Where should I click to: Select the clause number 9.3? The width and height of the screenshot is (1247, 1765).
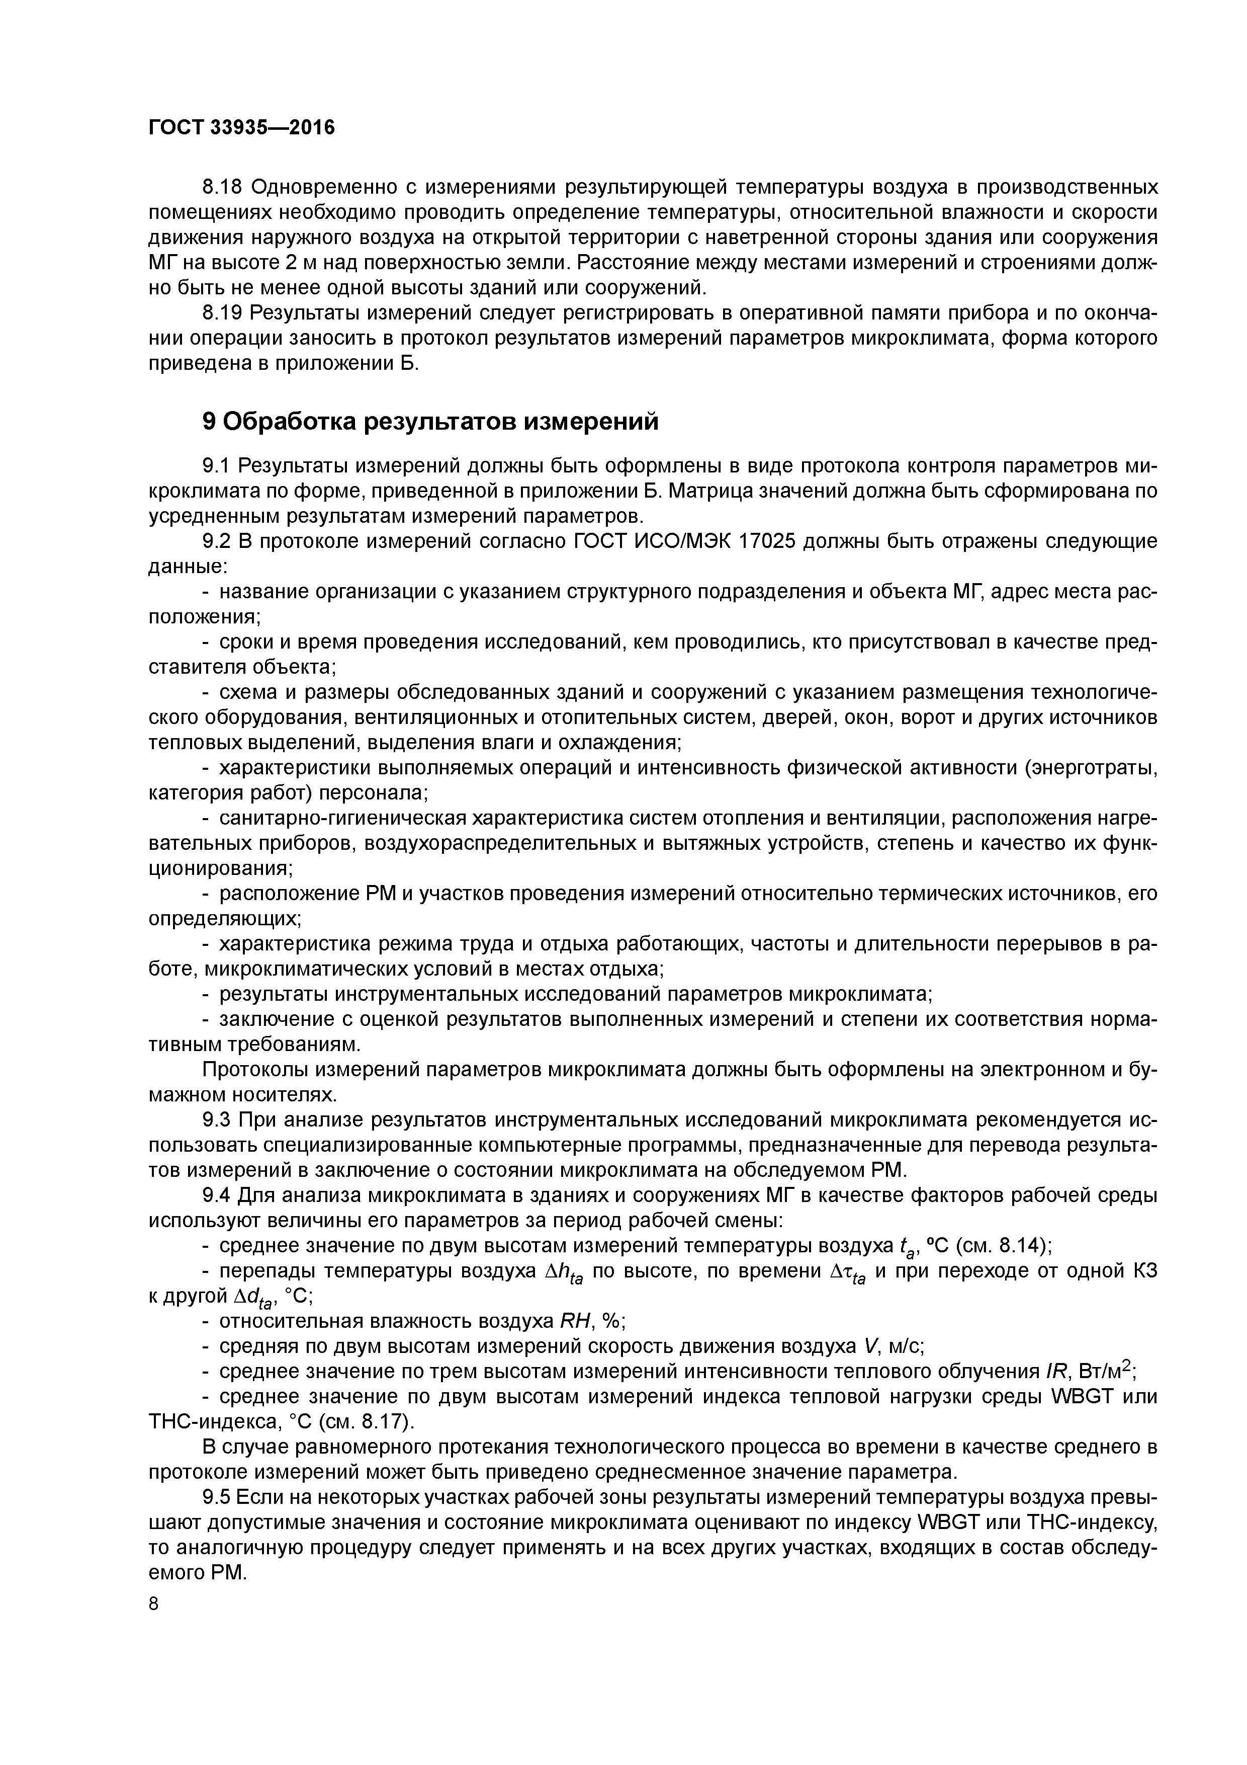pos(216,1119)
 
